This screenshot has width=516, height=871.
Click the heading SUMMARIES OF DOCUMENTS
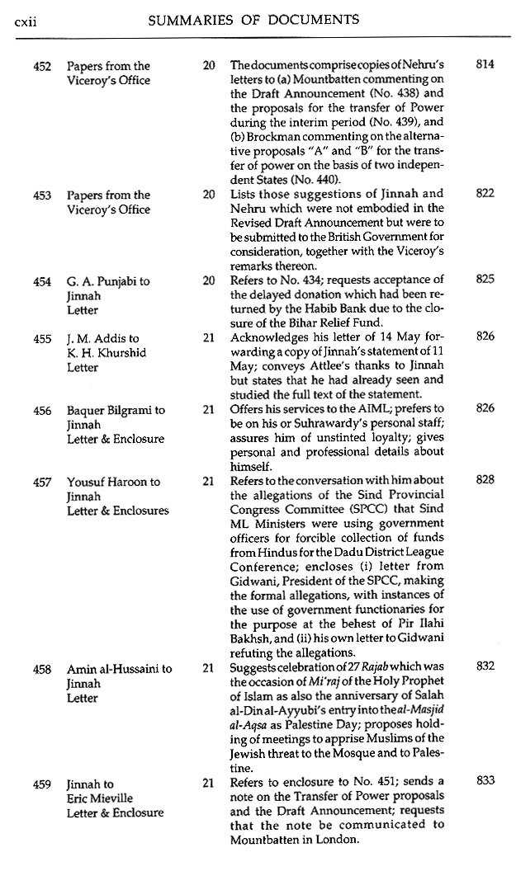coord(253,18)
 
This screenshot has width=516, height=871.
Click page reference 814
coord(485,64)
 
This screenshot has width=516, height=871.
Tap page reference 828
coord(485,480)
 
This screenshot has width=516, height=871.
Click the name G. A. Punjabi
coord(100,281)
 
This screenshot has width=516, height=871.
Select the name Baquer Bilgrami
coord(108,410)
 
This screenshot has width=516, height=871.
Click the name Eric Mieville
coord(99,798)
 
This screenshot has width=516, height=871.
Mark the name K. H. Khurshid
coord(102,352)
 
